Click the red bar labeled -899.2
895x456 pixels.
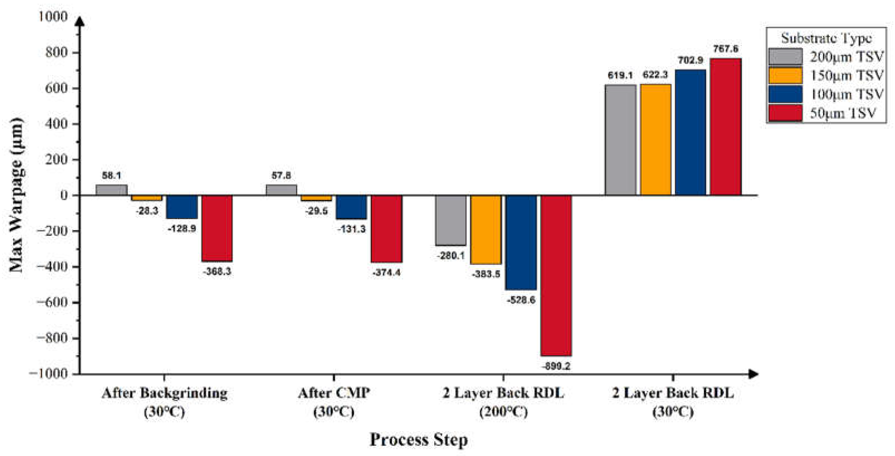(556, 275)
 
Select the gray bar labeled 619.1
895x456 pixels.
(620, 140)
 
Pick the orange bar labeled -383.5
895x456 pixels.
(486, 230)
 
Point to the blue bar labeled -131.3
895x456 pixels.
(351, 207)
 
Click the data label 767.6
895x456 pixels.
(725, 49)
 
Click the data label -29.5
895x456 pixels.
(316, 211)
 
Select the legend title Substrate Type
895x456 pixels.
(826, 38)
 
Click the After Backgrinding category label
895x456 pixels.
(165, 393)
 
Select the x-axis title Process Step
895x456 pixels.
(418, 440)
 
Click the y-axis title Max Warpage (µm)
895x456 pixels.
(15, 195)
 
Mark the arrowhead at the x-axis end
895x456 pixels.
(753, 374)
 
